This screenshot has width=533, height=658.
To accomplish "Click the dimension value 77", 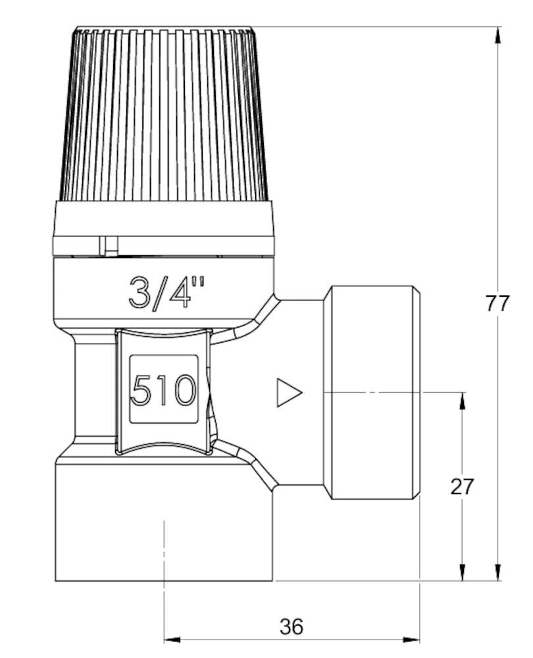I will click(497, 303).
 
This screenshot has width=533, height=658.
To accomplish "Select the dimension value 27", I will click(463, 486).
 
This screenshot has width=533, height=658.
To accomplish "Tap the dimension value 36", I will click(292, 626).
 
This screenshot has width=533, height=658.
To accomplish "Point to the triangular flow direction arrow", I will click(288, 392).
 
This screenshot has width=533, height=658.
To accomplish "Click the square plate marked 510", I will click(164, 389).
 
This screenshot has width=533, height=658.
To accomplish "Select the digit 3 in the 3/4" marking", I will click(140, 293).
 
